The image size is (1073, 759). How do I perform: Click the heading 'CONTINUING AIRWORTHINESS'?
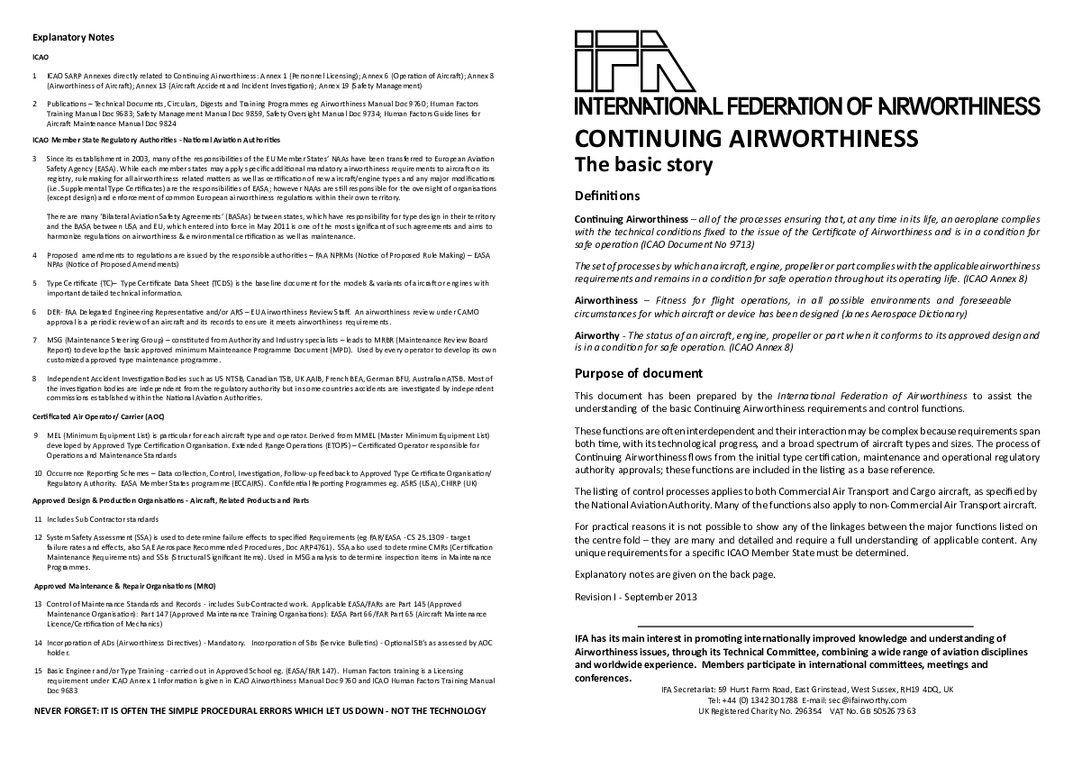(x=746, y=138)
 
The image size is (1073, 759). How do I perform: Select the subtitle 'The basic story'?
(x=643, y=164)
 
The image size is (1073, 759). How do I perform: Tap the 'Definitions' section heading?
(x=607, y=196)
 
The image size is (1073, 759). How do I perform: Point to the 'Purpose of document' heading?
(x=639, y=373)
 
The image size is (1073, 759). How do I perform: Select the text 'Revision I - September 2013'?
(x=635, y=597)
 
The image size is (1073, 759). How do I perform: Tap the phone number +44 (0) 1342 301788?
(x=754, y=700)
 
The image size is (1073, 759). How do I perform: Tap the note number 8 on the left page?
(x=34, y=378)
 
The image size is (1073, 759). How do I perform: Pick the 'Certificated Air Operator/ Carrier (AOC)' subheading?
(x=98, y=416)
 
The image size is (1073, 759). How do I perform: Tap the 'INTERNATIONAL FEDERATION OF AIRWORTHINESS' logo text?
(x=807, y=106)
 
